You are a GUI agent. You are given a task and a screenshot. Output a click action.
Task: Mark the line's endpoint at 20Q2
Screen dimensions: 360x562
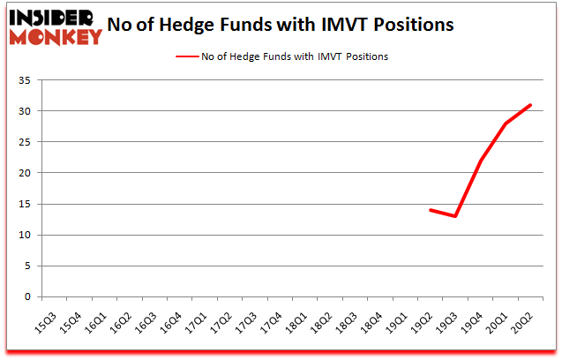pos(531,105)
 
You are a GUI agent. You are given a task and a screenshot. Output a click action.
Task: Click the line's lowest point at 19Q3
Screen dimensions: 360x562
pos(455,216)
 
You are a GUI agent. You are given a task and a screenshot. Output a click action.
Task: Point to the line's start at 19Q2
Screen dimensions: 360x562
pos(430,210)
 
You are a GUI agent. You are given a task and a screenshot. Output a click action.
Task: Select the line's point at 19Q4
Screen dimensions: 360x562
pos(481,161)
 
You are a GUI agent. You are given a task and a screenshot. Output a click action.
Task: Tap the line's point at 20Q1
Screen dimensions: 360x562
pos(506,124)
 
